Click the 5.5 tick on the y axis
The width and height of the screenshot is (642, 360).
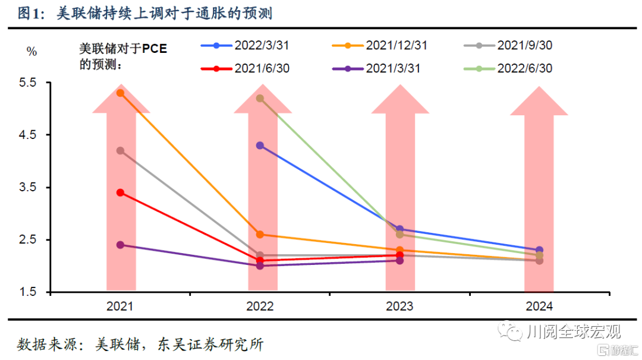[x=29, y=83]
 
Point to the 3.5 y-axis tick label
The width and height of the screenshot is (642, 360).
[x=29, y=188]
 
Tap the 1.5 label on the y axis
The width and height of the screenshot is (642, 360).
[x=29, y=292]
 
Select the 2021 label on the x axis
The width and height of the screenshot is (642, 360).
[x=120, y=307]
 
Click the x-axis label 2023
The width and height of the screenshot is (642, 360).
[x=399, y=307]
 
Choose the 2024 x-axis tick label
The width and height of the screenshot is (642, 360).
[x=539, y=307]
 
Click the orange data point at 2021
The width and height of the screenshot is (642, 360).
[x=120, y=93]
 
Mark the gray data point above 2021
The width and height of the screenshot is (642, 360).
[x=120, y=151]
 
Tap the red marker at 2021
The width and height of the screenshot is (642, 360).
[x=120, y=192]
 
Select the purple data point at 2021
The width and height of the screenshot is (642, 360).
[x=120, y=245]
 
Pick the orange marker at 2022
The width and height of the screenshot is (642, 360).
[x=260, y=235]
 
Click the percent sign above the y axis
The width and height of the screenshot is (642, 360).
[x=32, y=52]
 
